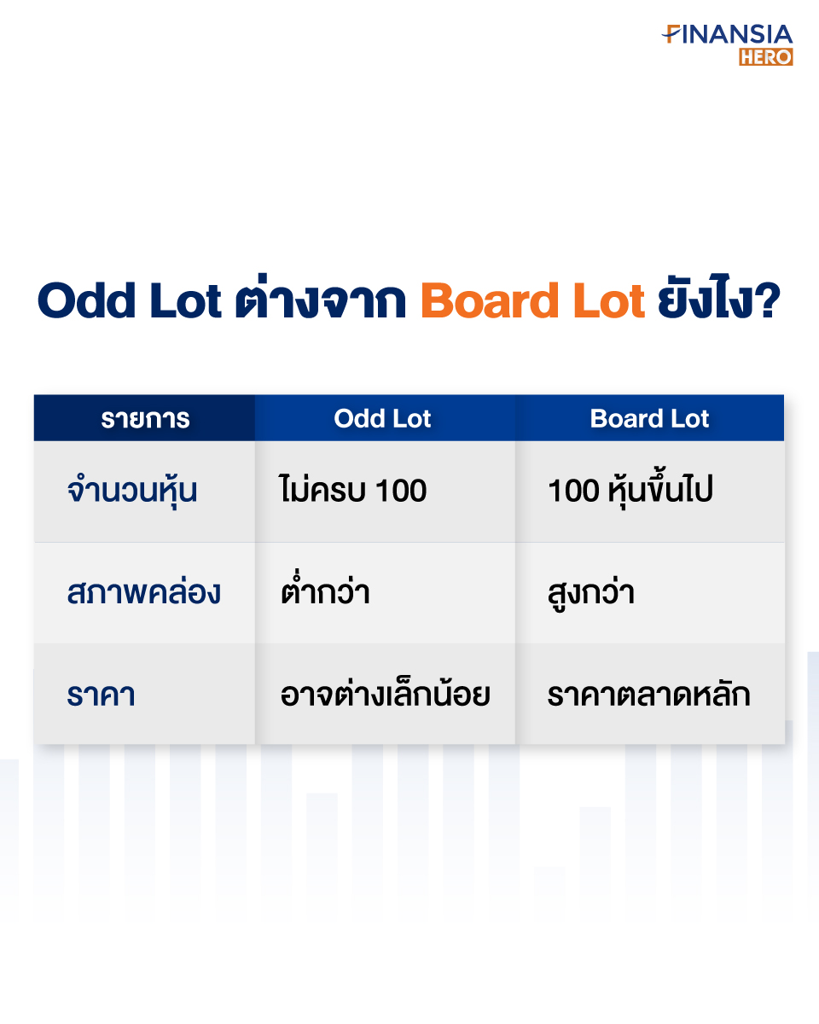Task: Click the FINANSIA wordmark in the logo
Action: (727, 34)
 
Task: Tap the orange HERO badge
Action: (766, 56)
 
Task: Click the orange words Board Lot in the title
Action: (532, 300)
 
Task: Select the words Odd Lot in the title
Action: (130, 300)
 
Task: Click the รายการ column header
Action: (145, 419)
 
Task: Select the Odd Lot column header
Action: (382, 418)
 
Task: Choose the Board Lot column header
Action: (649, 418)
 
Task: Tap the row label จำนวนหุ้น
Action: (132, 490)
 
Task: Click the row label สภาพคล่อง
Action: (143, 592)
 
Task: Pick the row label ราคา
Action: (101, 695)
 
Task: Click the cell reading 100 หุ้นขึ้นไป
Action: (630, 489)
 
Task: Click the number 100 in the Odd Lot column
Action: (401, 491)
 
